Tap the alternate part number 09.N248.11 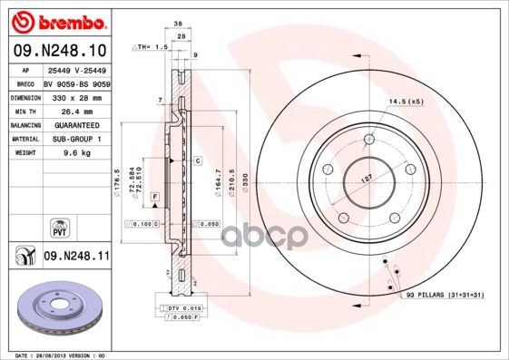[76, 257]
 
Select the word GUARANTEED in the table [75, 124]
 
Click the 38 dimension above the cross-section [180, 24]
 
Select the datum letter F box [155, 196]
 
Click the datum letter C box [197, 160]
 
